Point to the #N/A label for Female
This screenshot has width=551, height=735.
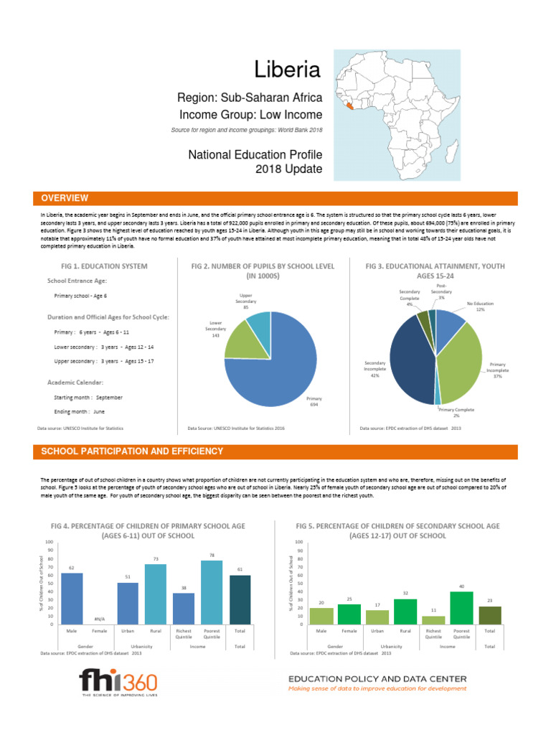pos(100,619)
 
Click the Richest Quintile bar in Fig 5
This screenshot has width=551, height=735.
pos(433,619)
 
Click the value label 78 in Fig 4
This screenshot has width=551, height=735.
pos(212,556)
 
